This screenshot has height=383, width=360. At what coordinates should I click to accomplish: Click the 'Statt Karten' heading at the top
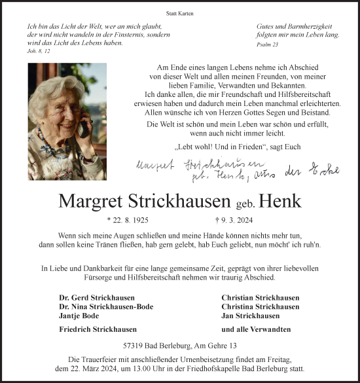point(180,13)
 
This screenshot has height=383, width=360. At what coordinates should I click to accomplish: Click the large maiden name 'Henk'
point(281,200)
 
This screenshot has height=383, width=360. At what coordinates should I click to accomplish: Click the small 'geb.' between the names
point(247,202)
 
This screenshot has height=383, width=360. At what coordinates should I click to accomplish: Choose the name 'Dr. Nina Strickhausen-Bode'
point(106,306)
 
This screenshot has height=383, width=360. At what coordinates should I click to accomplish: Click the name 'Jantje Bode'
point(78,316)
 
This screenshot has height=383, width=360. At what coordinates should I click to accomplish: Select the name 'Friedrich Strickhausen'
point(98,329)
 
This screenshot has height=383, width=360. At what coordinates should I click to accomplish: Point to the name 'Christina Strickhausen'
point(261,306)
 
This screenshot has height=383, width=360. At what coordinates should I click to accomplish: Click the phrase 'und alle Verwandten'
point(256,329)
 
